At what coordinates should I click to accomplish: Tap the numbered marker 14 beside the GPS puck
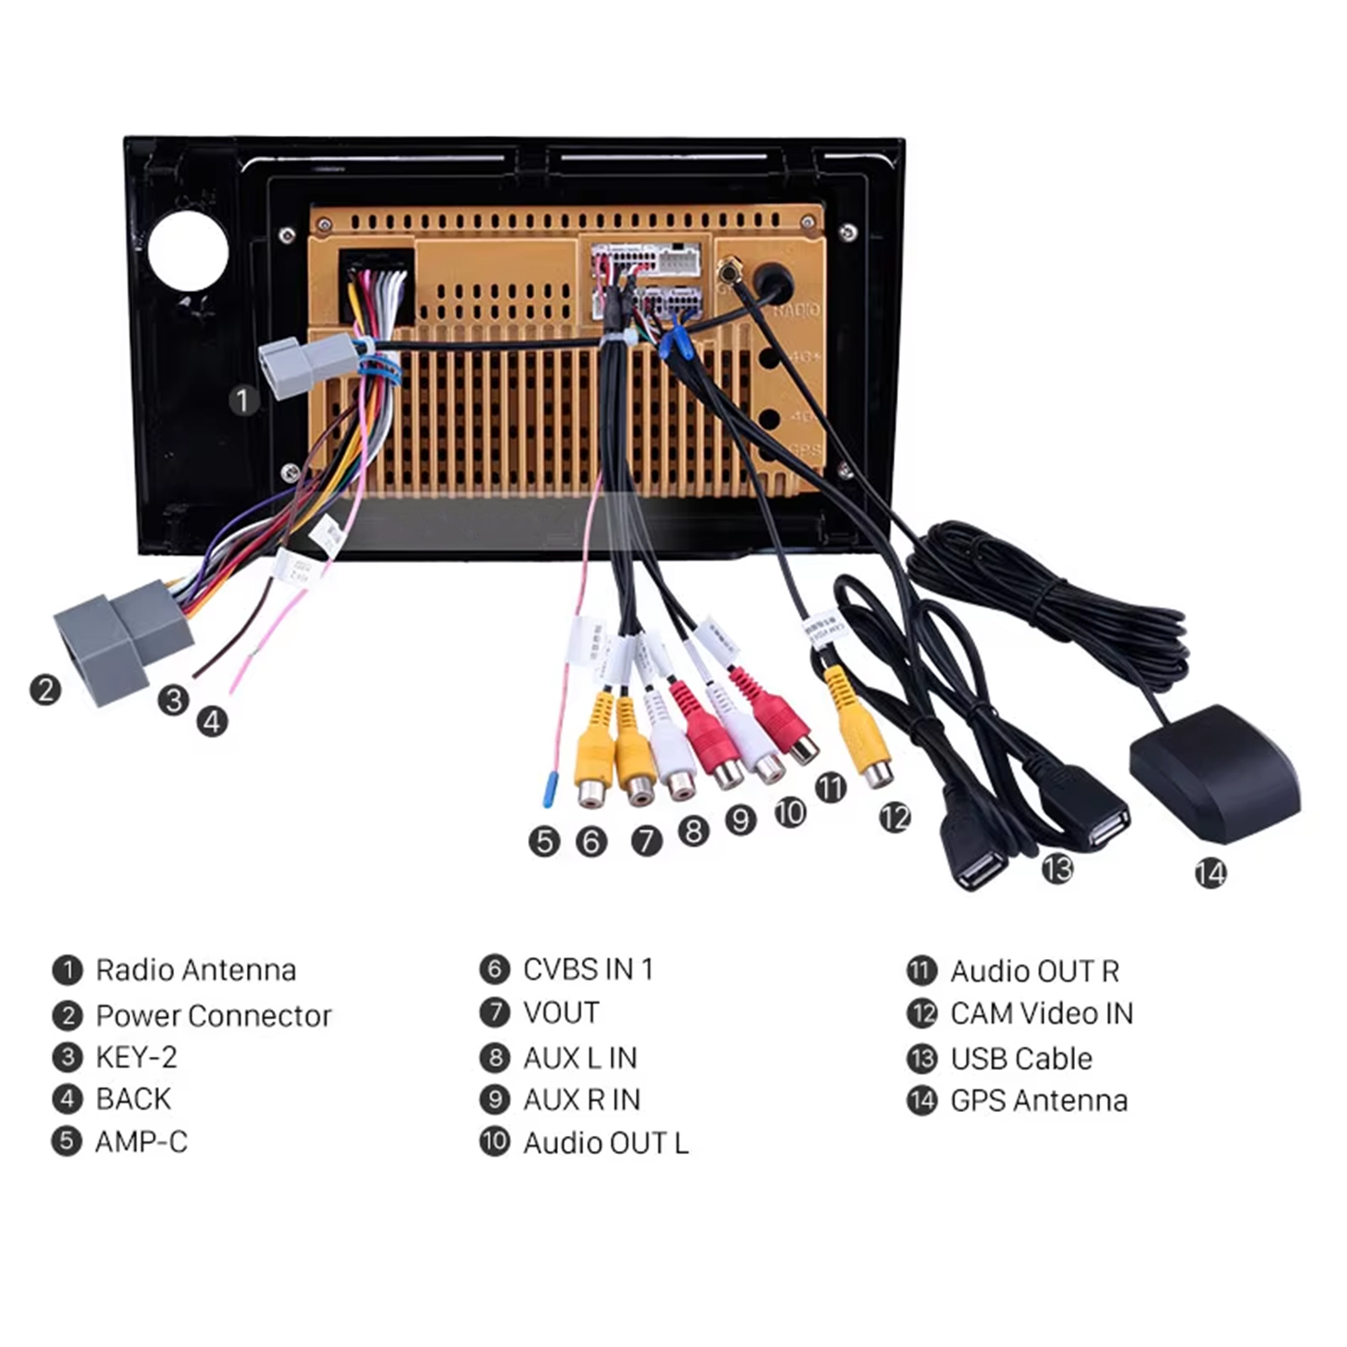pyautogui.click(x=1210, y=873)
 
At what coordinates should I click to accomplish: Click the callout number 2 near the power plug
pyautogui.click(x=45, y=690)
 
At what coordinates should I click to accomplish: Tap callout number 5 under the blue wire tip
pyautogui.click(x=544, y=841)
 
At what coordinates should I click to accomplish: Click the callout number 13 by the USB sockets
pyautogui.click(x=1057, y=868)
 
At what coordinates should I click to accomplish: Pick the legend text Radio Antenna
pyautogui.click(x=196, y=971)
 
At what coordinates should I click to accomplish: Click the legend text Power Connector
pyautogui.click(x=214, y=1016)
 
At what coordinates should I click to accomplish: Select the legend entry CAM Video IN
pyautogui.click(x=1042, y=1014)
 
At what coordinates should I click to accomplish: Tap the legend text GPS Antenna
pyautogui.click(x=1039, y=1101)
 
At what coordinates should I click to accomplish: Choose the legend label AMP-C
pyautogui.click(x=142, y=1142)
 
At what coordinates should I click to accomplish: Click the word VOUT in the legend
pyautogui.click(x=561, y=1013)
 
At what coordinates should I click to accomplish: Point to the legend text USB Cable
pyautogui.click(x=1021, y=1059)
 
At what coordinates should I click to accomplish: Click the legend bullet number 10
pyautogui.click(x=495, y=1142)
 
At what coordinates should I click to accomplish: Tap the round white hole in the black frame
pyautogui.click(x=188, y=251)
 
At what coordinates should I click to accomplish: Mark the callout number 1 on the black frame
pyautogui.click(x=242, y=401)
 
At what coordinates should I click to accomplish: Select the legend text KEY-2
pyautogui.click(x=136, y=1058)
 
